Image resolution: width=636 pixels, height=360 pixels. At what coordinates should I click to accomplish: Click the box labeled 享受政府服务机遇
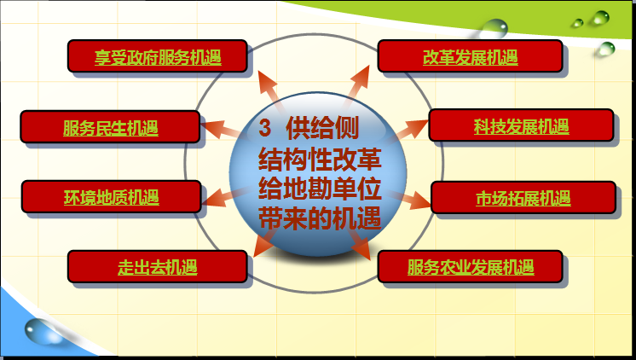(x=158, y=56)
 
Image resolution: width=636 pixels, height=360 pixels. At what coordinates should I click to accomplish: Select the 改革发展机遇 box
(x=470, y=56)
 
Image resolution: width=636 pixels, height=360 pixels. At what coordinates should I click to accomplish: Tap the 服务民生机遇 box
(x=110, y=126)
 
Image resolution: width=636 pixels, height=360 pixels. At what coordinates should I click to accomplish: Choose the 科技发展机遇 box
(x=521, y=125)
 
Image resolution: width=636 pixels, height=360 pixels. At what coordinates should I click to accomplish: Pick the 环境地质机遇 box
(x=112, y=197)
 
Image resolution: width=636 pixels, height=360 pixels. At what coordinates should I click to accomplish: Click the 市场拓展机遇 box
(x=523, y=198)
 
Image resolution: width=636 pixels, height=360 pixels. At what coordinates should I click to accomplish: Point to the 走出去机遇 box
(x=158, y=267)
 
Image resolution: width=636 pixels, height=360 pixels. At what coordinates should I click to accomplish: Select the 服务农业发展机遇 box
(x=470, y=267)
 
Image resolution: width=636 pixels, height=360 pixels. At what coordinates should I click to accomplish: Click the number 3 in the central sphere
(x=264, y=128)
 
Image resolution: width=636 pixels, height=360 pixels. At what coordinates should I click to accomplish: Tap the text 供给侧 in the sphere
(x=322, y=128)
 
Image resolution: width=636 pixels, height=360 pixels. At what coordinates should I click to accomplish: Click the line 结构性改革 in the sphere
(x=320, y=159)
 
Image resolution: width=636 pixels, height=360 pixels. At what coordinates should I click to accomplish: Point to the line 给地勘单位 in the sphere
(x=320, y=189)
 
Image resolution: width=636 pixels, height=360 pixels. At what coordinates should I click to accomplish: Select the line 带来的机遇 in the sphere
(x=320, y=218)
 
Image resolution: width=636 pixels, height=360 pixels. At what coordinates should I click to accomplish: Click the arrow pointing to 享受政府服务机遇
(x=270, y=90)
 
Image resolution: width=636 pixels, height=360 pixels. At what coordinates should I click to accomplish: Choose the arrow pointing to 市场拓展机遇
(x=410, y=199)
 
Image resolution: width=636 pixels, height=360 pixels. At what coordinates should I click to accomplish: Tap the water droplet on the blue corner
(x=42, y=332)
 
